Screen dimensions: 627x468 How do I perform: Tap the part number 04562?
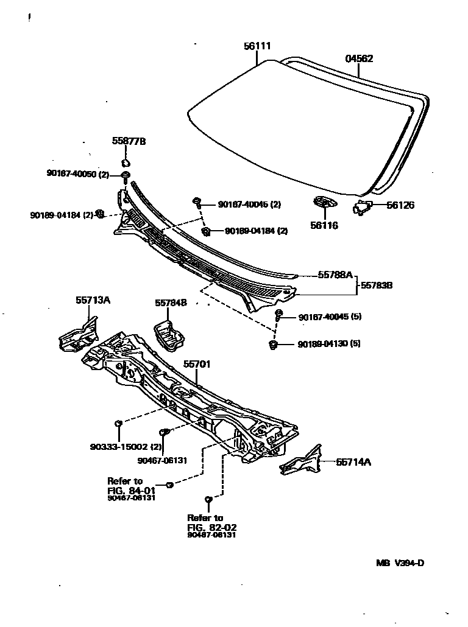(359, 59)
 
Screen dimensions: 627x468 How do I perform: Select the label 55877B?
(129, 141)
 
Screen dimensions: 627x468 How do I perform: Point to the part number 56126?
(400, 205)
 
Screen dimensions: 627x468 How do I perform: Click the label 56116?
(324, 225)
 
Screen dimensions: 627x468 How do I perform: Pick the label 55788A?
(335, 275)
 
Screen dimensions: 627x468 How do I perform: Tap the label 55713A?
(93, 300)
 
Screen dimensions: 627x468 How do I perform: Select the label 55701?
(197, 364)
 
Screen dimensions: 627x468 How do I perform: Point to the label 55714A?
(353, 462)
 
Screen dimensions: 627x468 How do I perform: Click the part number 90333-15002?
(119, 446)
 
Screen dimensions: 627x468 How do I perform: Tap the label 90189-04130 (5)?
(329, 344)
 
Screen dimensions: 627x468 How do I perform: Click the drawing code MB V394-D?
(400, 562)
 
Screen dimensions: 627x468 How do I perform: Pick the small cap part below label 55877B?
(126, 163)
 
